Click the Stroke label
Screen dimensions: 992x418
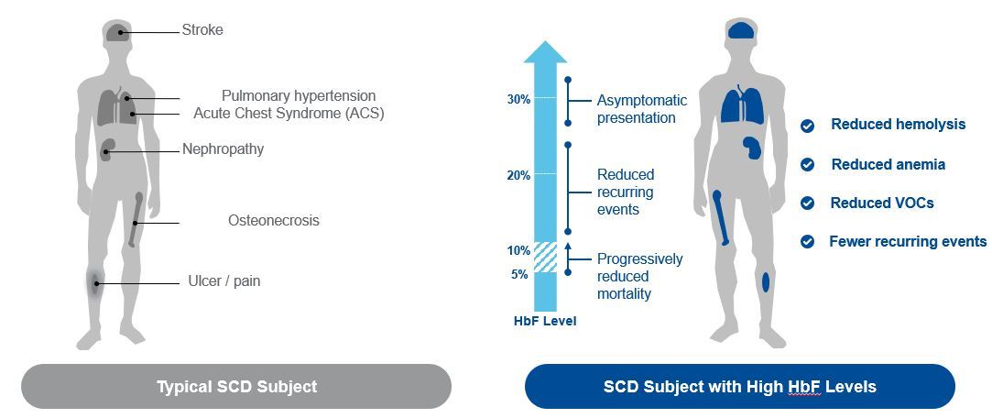(x=202, y=29)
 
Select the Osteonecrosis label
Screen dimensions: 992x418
(x=274, y=220)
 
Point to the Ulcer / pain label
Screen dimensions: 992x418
(x=224, y=281)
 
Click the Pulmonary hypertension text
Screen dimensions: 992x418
(x=299, y=95)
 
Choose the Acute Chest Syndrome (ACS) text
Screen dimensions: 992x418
(x=289, y=114)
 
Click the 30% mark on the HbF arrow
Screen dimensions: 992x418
(x=518, y=99)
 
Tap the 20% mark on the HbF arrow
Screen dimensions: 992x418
(x=518, y=175)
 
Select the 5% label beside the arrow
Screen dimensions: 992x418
(x=518, y=275)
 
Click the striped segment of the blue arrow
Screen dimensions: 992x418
(x=545, y=258)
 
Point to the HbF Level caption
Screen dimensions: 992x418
(x=545, y=321)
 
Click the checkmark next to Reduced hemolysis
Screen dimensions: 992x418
(x=807, y=126)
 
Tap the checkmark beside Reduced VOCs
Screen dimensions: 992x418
(x=807, y=203)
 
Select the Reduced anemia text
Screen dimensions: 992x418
(x=888, y=165)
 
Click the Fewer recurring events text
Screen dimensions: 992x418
(x=908, y=241)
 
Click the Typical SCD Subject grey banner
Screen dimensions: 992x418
(x=236, y=386)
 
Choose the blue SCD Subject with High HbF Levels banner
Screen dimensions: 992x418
(x=739, y=386)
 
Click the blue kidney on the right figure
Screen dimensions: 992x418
(x=752, y=149)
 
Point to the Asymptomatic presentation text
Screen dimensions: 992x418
(x=642, y=109)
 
